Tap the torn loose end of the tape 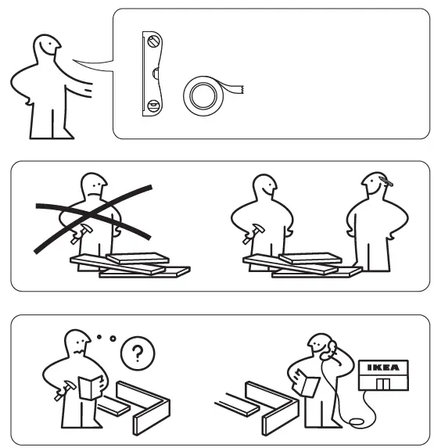pyautogui.click(x=238, y=88)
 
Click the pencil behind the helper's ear pyautogui.click(x=384, y=185)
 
